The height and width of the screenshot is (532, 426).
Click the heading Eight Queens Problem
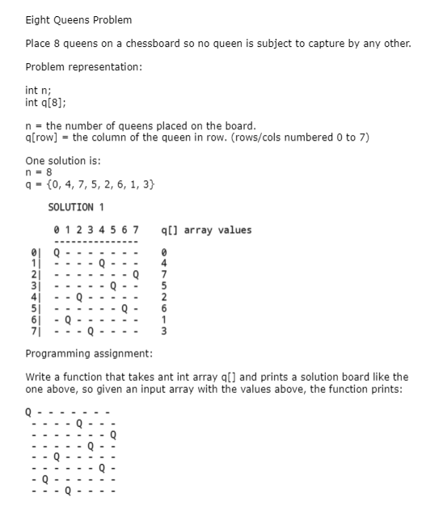(78, 19)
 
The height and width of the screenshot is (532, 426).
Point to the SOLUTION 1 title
(81, 208)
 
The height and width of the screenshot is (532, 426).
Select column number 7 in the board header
(135, 230)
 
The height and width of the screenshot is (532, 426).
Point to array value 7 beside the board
(164, 273)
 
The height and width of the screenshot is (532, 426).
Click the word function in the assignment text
(88, 377)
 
